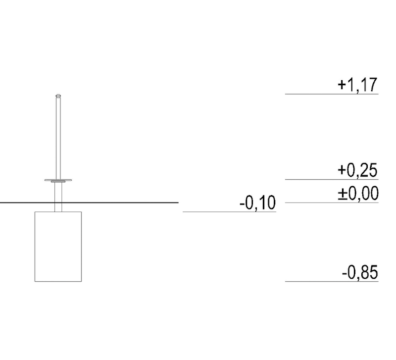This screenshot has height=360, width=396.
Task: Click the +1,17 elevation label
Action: tap(357, 85)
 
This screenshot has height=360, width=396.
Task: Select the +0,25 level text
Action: tap(357, 170)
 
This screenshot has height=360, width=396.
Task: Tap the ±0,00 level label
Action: tap(358, 193)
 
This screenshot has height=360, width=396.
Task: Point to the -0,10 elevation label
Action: tap(257, 203)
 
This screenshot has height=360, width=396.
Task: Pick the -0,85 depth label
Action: tap(360, 272)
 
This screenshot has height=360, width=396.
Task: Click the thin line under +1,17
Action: tap(332, 94)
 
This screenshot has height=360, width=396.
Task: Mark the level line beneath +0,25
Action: tap(332, 179)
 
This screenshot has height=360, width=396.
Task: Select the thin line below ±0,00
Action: tap(332, 203)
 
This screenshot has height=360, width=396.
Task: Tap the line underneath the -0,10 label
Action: tap(229, 212)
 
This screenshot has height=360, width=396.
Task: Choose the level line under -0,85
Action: tap(332, 281)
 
